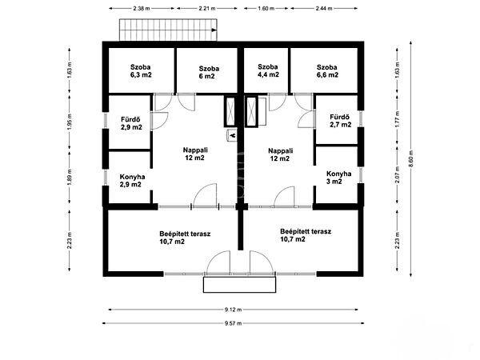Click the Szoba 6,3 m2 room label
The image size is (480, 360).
click(x=141, y=70)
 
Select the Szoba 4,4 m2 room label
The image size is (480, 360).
click(x=268, y=70)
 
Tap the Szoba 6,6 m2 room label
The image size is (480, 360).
click(x=327, y=71)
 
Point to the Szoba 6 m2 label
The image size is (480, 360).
click(x=209, y=72)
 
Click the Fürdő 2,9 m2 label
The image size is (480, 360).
click(x=131, y=123)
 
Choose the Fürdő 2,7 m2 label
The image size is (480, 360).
click(x=341, y=121)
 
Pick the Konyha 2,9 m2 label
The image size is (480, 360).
click(x=132, y=181)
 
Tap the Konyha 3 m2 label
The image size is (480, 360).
click(x=338, y=178)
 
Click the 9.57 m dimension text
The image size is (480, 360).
click(x=234, y=323)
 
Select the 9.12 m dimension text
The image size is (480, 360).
click(x=234, y=310)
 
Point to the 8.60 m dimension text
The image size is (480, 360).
click(x=411, y=158)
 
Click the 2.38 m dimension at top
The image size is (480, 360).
click(x=142, y=8)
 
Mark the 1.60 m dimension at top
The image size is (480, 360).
click(x=266, y=8)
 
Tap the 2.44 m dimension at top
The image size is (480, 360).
click(x=324, y=8)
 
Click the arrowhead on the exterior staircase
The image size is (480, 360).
click(x=214, y=30)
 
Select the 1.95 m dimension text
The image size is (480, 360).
click(x=70, y=122)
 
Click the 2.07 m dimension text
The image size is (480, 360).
click(x=398, y=174)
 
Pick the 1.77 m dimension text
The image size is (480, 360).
click(x=398, y=118)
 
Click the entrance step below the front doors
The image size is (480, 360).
click(x=240, y=285)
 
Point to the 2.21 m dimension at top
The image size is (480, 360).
click(x=207, y=8)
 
